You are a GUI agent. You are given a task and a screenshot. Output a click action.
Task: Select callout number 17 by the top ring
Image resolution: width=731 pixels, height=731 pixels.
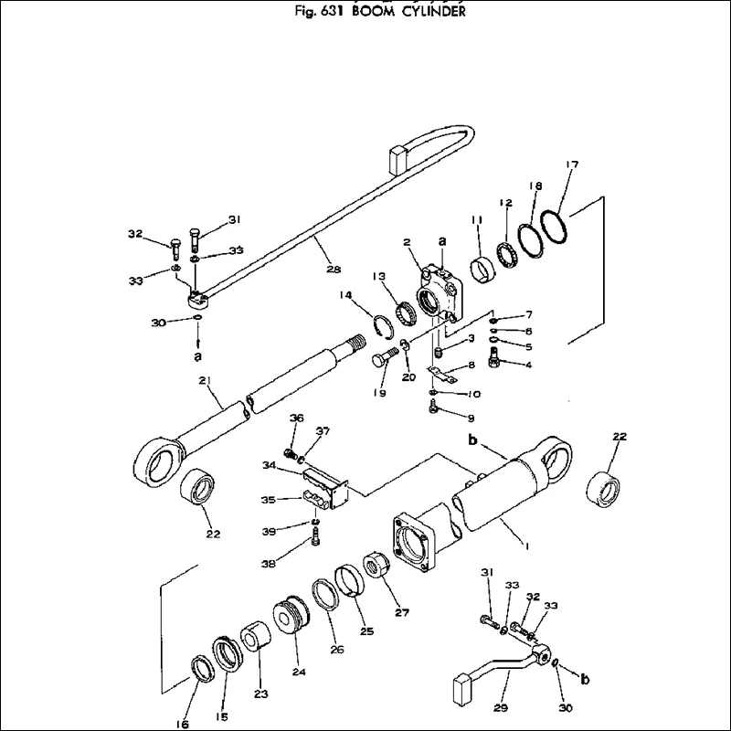[x=572, y=164]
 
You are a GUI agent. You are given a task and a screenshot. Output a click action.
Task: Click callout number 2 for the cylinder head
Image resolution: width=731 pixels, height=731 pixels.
[x=408, y=242]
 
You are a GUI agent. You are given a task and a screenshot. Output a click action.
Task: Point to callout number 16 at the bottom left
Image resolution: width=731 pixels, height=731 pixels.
[x=183, y=725]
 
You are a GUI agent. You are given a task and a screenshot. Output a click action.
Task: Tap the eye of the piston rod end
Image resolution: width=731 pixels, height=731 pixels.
[x=158, y=461]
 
